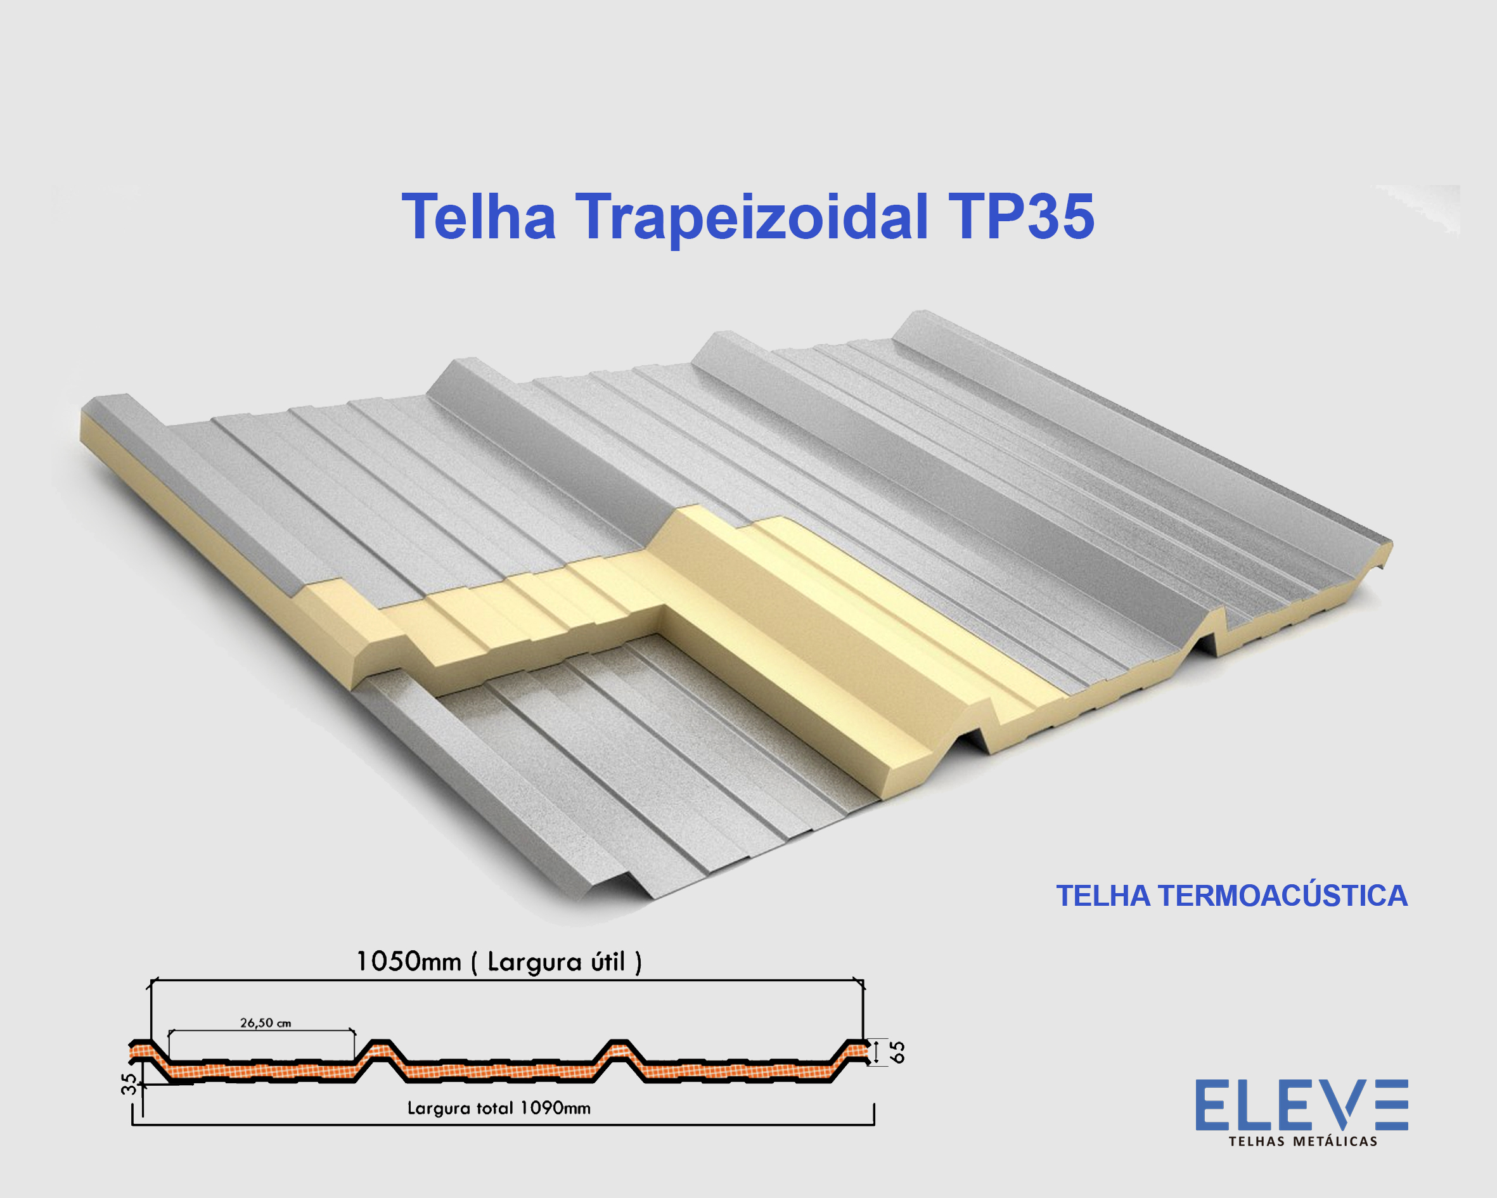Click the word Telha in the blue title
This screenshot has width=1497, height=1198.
(x=479, y=217)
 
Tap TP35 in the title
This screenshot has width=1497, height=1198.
(x=1020, y=217)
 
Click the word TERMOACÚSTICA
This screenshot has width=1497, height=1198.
(x=1283, y=896)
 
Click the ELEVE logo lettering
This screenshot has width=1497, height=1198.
(x=1301, y=1105)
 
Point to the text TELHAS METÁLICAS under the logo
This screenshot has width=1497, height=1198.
(x=1302, y=1141)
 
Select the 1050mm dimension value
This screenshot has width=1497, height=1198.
(x=408, y=962)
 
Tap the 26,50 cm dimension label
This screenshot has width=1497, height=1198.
(x=265, y=1023)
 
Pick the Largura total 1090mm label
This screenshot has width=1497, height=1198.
(x=499, y=1109)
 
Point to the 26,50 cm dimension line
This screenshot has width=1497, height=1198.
(x=262, y=1031)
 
